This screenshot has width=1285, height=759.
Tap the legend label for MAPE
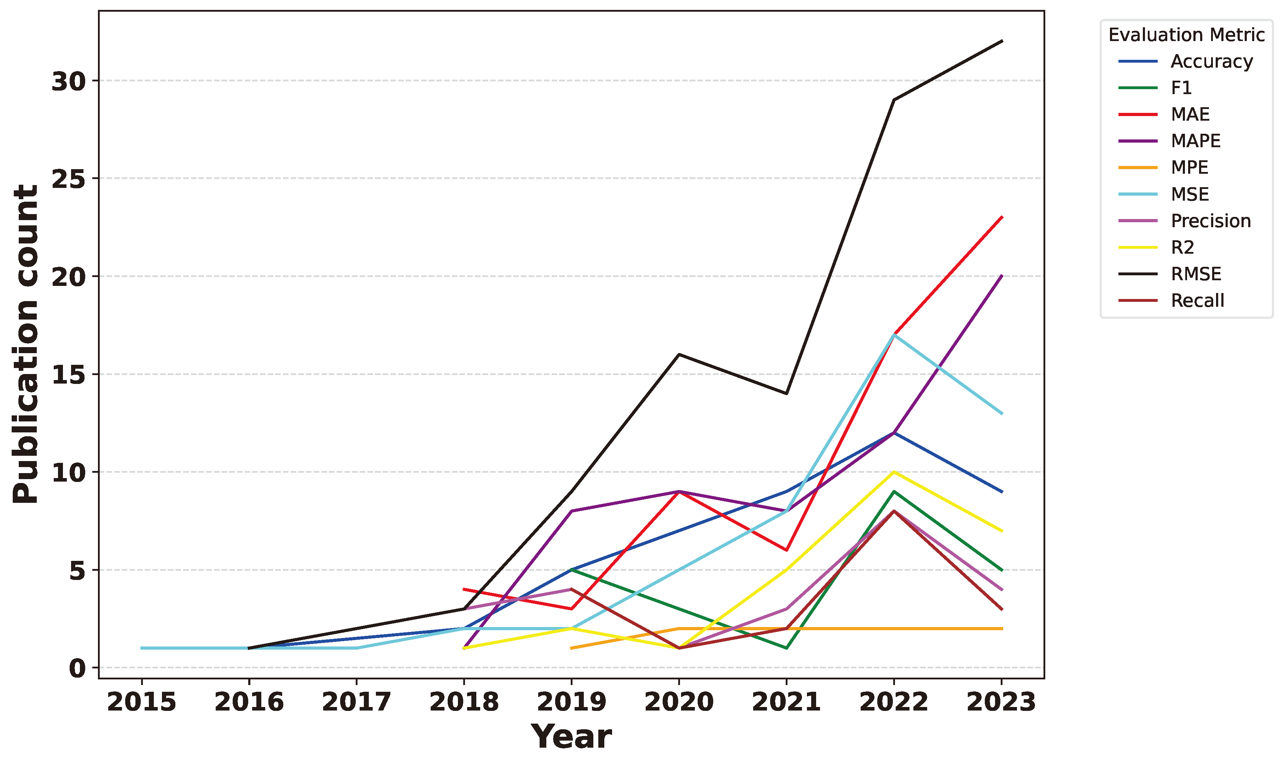(x=1195, y=141)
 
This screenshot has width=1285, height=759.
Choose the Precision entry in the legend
(x=1210, y=221)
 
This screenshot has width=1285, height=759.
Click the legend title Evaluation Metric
(x=1186, y=35)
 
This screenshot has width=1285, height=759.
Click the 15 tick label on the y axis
(x=68, y=375)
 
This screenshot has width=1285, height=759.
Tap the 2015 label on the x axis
(x=141, y=702)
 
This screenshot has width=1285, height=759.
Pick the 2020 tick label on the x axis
(x=679, y=702)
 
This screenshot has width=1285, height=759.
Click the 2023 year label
(x=1001, y=702)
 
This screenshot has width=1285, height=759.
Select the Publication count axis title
(x=25, y=344)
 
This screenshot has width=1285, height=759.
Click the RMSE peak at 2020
(x=679, y=355)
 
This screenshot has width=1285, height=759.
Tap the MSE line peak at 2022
(x=894, y=335)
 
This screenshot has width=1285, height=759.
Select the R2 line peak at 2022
(x=894, y=472)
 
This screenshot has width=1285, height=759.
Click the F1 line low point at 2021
(x=786, y=648)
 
